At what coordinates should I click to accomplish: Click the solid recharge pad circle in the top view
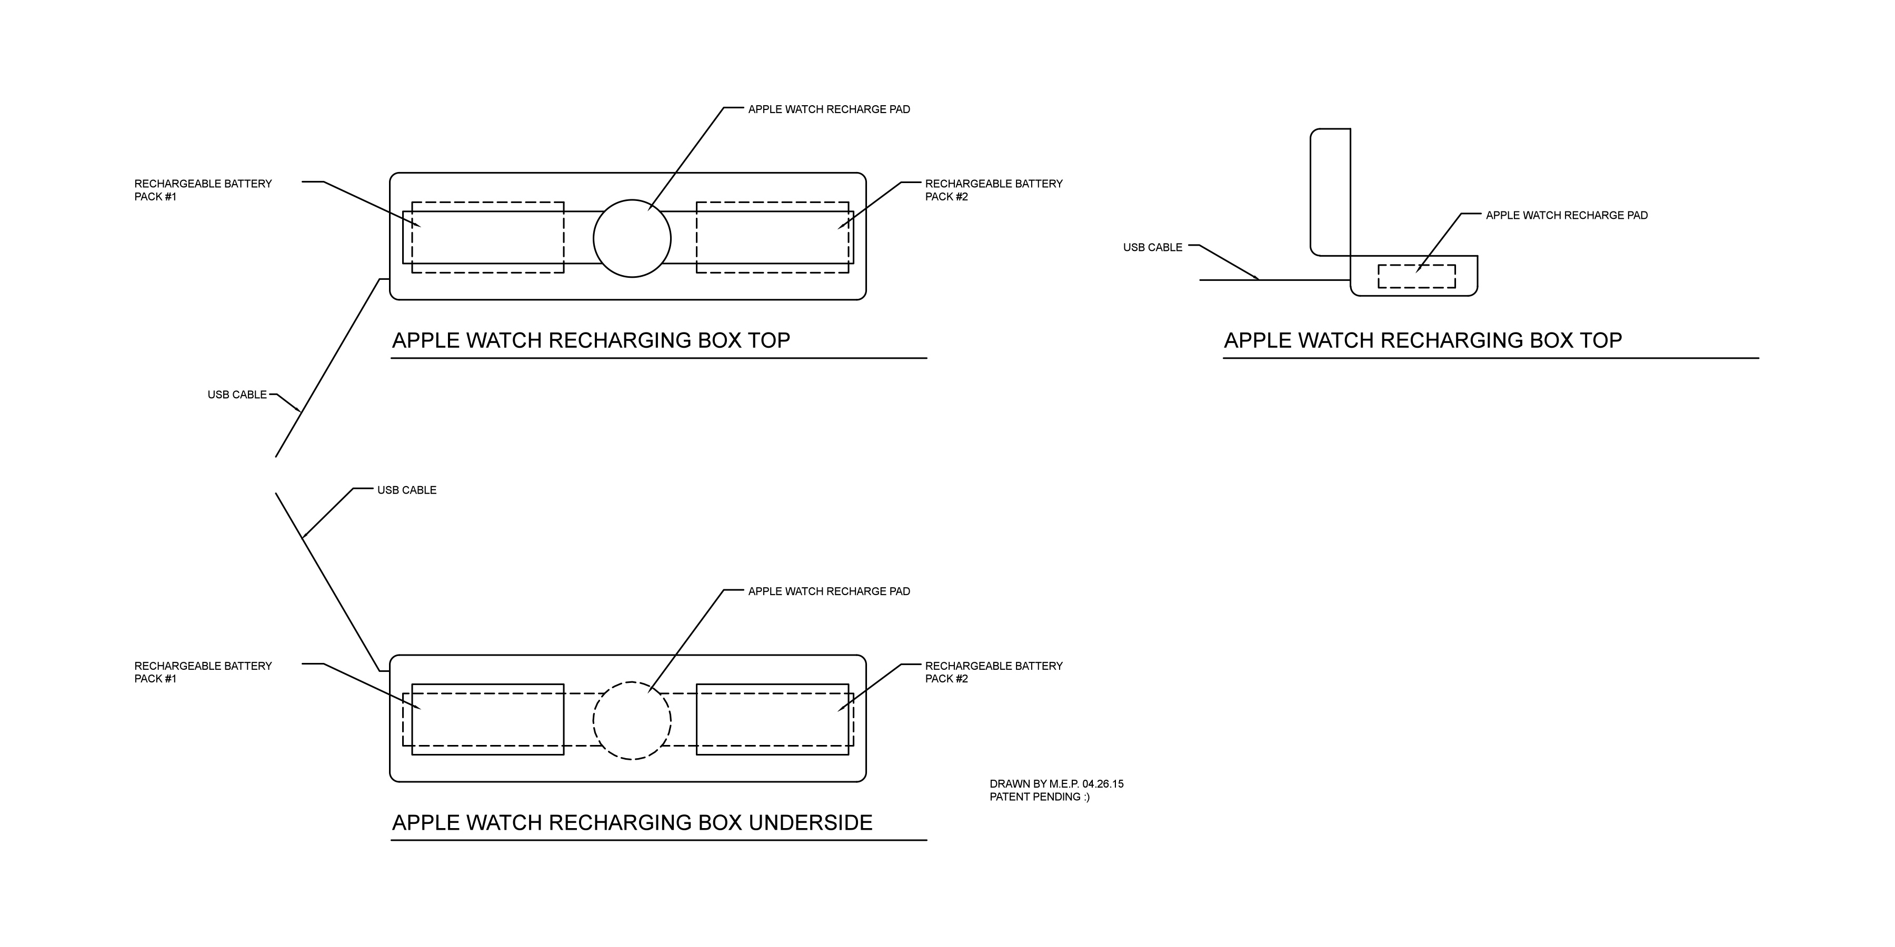click(632, 238)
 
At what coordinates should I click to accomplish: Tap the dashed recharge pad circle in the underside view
click(632, 721)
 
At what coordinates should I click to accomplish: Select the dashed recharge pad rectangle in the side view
click(1416, 276)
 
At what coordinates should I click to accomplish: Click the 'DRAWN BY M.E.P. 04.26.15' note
click(1056, 784)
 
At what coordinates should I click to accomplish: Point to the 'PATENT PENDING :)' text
click(1040, 797)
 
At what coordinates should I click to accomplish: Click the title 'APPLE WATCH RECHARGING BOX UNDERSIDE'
click(632, 823)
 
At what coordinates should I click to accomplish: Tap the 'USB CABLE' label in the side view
click(1152, 248)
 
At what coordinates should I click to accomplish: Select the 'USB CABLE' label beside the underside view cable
click(407, 490)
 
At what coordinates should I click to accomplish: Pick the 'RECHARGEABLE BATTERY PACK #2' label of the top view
click(993, 190)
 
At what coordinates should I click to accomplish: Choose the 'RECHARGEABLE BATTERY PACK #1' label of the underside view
click(203, 672)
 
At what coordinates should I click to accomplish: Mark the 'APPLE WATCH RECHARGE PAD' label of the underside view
click(829, 592)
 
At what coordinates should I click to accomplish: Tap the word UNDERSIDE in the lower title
click(810, 823)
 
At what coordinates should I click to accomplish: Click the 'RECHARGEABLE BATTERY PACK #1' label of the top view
click(203, 190)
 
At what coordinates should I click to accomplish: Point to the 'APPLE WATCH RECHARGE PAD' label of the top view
click(829, 109)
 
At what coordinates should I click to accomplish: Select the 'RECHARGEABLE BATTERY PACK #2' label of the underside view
click(993, 672)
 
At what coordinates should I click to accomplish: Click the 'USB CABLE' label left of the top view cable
click(237, 395)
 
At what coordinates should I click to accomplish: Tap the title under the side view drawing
click(1423, 340)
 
